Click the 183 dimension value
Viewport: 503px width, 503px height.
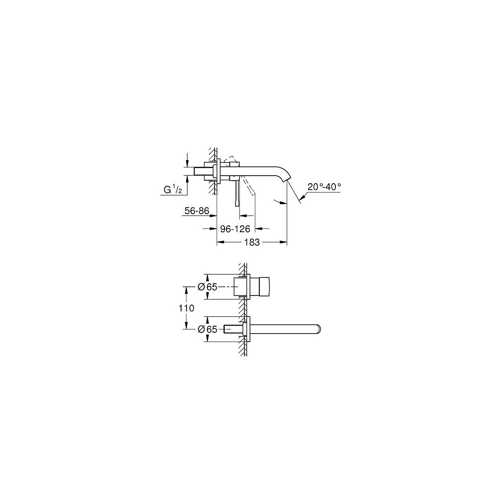point(252,243)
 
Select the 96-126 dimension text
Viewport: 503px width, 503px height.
point(235,229)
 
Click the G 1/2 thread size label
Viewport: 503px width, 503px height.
point(173,190)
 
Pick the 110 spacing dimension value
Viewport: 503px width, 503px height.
point(187,308)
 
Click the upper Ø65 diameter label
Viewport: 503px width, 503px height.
point(207,287)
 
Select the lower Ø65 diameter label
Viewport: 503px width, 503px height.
point(207,329)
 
